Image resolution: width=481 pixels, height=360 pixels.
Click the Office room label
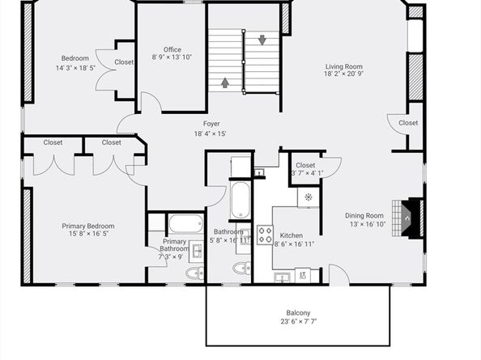[172, 49]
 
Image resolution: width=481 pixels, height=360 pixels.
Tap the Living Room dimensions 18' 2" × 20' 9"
[343, 74]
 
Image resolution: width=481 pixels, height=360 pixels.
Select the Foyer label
[211, 124]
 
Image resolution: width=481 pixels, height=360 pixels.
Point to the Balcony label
[298, 313]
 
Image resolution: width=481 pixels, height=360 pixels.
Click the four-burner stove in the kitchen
[265, 235]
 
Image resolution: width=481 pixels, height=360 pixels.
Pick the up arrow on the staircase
[225, 83]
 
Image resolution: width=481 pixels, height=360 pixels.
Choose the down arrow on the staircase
[262, 40]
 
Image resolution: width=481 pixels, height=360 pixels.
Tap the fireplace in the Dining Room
[408, 218]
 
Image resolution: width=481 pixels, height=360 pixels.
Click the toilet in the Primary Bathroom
[195, 273]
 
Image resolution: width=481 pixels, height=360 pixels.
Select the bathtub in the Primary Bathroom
[186, 223]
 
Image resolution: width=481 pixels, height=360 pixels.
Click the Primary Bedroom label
[88, 226]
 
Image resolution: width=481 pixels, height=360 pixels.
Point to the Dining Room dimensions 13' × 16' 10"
[368, 224]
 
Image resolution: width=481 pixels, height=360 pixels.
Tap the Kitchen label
[292, 235]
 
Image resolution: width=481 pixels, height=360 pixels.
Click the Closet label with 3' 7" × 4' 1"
[305, 165]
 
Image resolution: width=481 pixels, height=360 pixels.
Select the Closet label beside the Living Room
[408, 123]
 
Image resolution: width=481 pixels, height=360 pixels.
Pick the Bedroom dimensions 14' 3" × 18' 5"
[75, 68]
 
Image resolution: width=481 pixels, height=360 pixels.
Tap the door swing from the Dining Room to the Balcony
[339, 274]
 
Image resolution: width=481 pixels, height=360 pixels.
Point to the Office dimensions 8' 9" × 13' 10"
[172, 57]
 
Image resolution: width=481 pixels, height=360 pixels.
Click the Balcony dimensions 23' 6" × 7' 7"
[298, 321]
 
